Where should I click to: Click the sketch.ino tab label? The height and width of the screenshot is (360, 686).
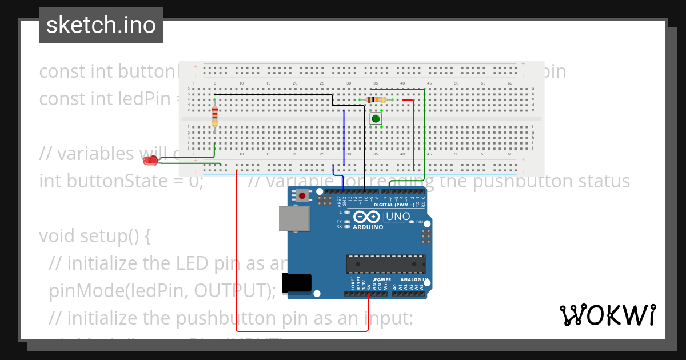pyautogui.click(x=101, y=25)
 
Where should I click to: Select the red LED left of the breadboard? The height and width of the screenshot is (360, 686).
pyautogui.click(x=150, y=161)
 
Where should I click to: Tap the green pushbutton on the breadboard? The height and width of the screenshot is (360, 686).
pyautogui.click(x=376, y=119)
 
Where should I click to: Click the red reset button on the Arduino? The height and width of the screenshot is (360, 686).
pyautogui.click(x=301, y=196)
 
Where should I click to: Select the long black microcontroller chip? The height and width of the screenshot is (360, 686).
pyautogui.click(x=385, y=265)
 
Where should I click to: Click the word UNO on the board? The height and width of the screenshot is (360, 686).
pyautogui.click(x=398, y=217)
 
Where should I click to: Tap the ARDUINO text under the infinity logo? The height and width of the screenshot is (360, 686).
pyautogui.click(x=368, y=227)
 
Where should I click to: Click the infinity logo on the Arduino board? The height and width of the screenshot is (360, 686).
pyautogui.click(x=366, y=217)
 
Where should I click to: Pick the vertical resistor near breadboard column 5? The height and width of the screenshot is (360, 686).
pyautogui.click(x=214, y=116)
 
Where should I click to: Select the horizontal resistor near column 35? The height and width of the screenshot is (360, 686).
pyautogui.click(x=375, y=99)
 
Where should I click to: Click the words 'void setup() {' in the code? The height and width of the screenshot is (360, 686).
pyautogui.click(x=94, y=236)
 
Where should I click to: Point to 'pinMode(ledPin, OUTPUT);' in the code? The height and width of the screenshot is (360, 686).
pyautogui.click(x=162, y=290)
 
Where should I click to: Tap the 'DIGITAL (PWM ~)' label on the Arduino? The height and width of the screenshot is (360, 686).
pyautogui.click(x=395, y=204)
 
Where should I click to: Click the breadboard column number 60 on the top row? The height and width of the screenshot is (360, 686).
pyautogui.click(x=510, y=83)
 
